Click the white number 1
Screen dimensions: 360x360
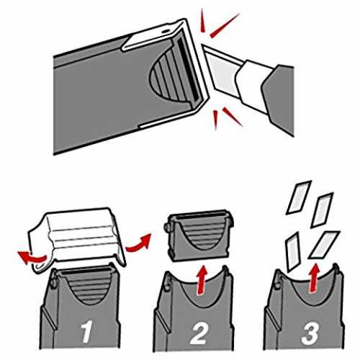87,332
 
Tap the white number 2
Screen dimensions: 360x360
199,333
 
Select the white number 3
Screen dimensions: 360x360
310,333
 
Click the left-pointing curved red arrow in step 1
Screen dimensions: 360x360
32,258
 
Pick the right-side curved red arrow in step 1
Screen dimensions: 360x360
138,243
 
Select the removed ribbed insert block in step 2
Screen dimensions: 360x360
199,235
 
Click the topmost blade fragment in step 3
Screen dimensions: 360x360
299,197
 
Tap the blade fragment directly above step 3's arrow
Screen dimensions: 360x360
324,245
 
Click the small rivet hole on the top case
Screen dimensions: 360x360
165,32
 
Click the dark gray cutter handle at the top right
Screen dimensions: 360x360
279,99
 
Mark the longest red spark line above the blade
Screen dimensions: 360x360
225,25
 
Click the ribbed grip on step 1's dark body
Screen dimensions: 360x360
89,287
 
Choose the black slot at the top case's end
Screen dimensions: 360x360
189,68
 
